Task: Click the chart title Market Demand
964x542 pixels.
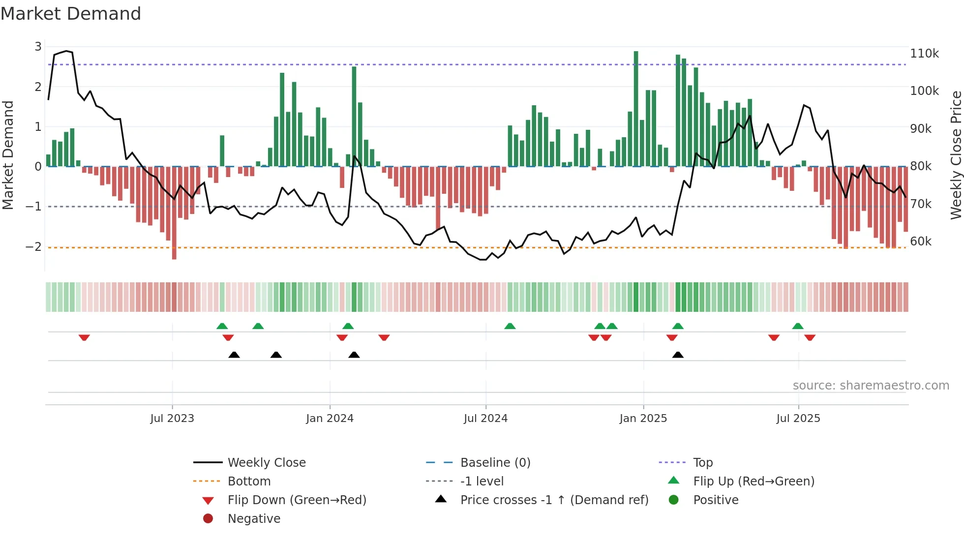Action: [x=71, y=14]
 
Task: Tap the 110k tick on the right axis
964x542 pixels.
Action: [x=924, y=53]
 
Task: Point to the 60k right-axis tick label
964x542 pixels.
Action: [x=921, y=241]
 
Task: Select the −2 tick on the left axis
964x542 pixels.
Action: [x=33, y=246]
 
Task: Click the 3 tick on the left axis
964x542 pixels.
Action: [x=38, y=46]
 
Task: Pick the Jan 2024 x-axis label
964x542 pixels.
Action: [x=330, y=418]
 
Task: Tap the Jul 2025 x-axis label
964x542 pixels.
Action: [x=798, y=418]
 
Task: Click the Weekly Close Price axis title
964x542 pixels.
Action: [x=956, y=155]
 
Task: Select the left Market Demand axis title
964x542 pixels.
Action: [x=8, y=155]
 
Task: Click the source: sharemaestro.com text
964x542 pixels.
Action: [x=871, y=385]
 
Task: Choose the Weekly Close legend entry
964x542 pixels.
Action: [x=266, y=462]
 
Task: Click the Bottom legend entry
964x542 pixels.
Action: [x=249, y=481]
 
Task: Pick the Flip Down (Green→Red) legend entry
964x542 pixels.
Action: [x=297, y=500]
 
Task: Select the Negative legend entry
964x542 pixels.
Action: [x=254, y=518]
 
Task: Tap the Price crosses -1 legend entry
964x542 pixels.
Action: [x=554, y=500]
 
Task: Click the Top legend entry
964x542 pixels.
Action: [x=702, y=462]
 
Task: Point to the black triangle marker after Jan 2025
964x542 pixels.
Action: [x=678, y=355]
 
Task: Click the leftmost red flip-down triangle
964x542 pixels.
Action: [x=84, y=337]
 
